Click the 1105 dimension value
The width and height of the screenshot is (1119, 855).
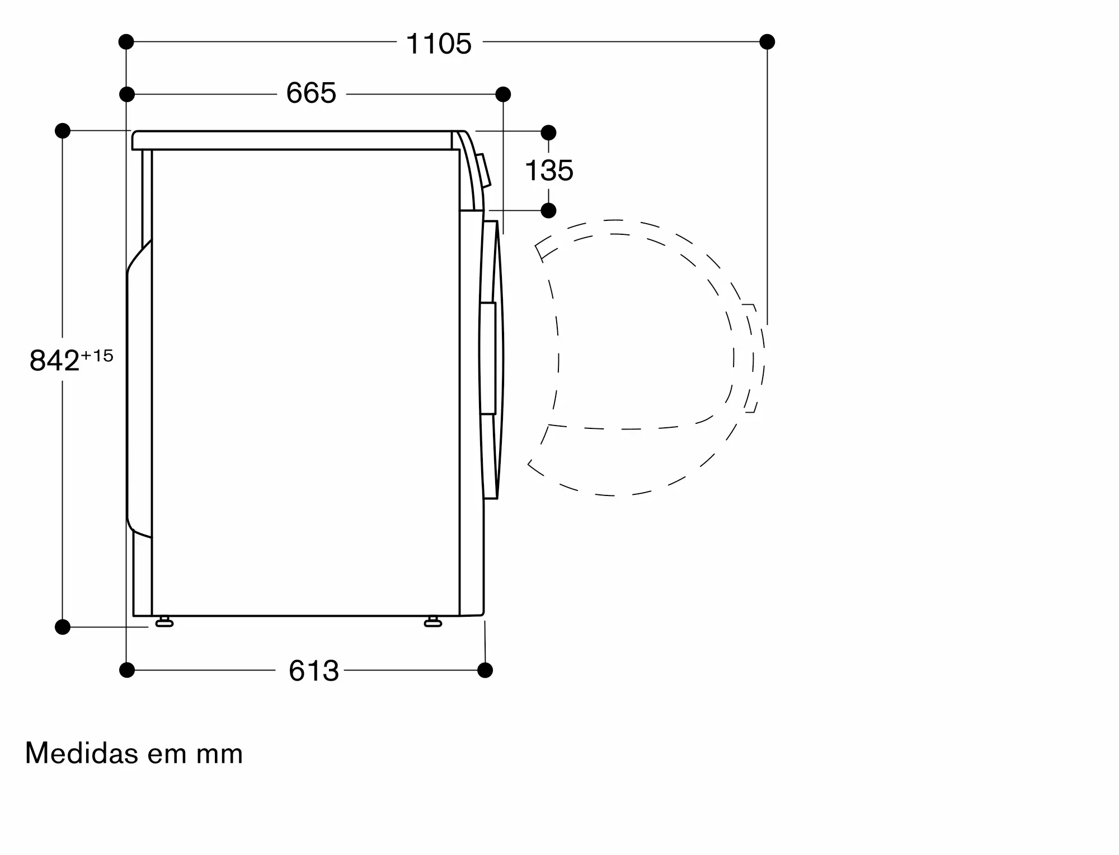click(x=439, y=44)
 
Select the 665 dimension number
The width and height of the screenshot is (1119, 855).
click(x=311, y=93)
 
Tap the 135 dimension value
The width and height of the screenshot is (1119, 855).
click(x=549, y=171)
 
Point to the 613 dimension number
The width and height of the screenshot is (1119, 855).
click(x=314, y=670)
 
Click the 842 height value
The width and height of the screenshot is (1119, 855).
click(x=54, y=361)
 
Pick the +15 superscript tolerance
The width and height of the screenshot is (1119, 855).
click(x=97, y=356)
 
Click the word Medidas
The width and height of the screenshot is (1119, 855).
click(x=82, y=753)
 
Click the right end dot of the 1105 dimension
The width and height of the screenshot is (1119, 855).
click(x=767, y=41)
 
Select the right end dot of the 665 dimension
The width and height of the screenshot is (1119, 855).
click(x=503, y=94)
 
